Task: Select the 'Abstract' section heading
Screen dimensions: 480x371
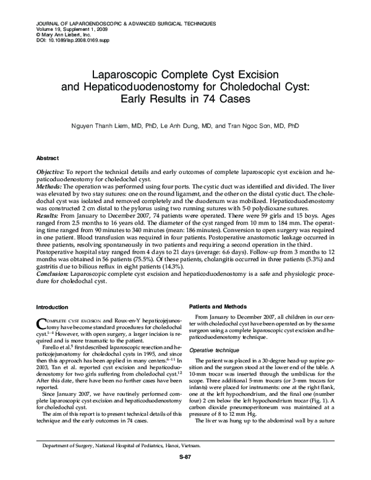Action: click(x=48, y=158)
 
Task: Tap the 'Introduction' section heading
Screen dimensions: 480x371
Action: click(x=53, y=307)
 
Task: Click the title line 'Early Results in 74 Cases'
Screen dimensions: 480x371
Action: click(x=185, y=97)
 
